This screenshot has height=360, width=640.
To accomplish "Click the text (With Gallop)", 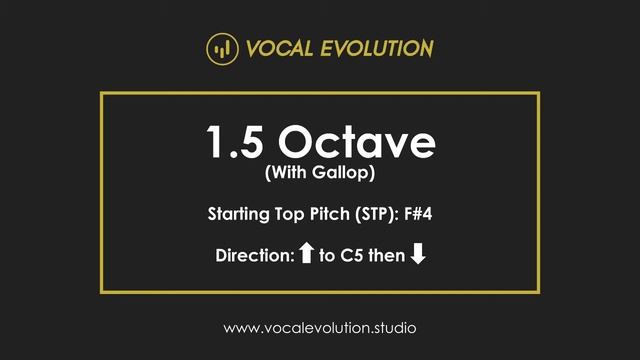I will (319, 173).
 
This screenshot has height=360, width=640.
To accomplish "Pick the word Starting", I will (239, 214).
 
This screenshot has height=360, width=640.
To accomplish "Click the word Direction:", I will (254, 255).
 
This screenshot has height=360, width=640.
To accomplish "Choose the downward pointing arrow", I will (418, 254).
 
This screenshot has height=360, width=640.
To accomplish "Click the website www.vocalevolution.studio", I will (319, 327).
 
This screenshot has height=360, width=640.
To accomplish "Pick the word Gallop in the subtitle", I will (340, 173).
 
